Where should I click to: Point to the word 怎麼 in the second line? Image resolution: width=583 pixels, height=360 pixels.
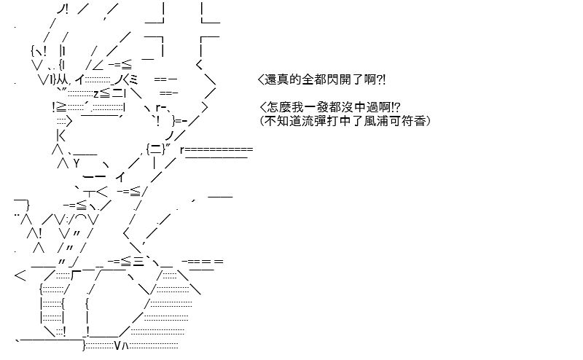pyautogui.click(x=277, y=107)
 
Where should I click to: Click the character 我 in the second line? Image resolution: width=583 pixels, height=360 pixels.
pyautogui.click(x=294, y=107)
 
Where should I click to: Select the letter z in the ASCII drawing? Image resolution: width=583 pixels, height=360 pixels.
pyautogui.click(x=97, y=93)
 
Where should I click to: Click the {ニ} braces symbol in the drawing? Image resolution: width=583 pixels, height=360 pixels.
pyautogui.click(x=157, y=149)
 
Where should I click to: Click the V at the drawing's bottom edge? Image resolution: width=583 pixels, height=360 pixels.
pyautogui.click(x=117, y=345)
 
